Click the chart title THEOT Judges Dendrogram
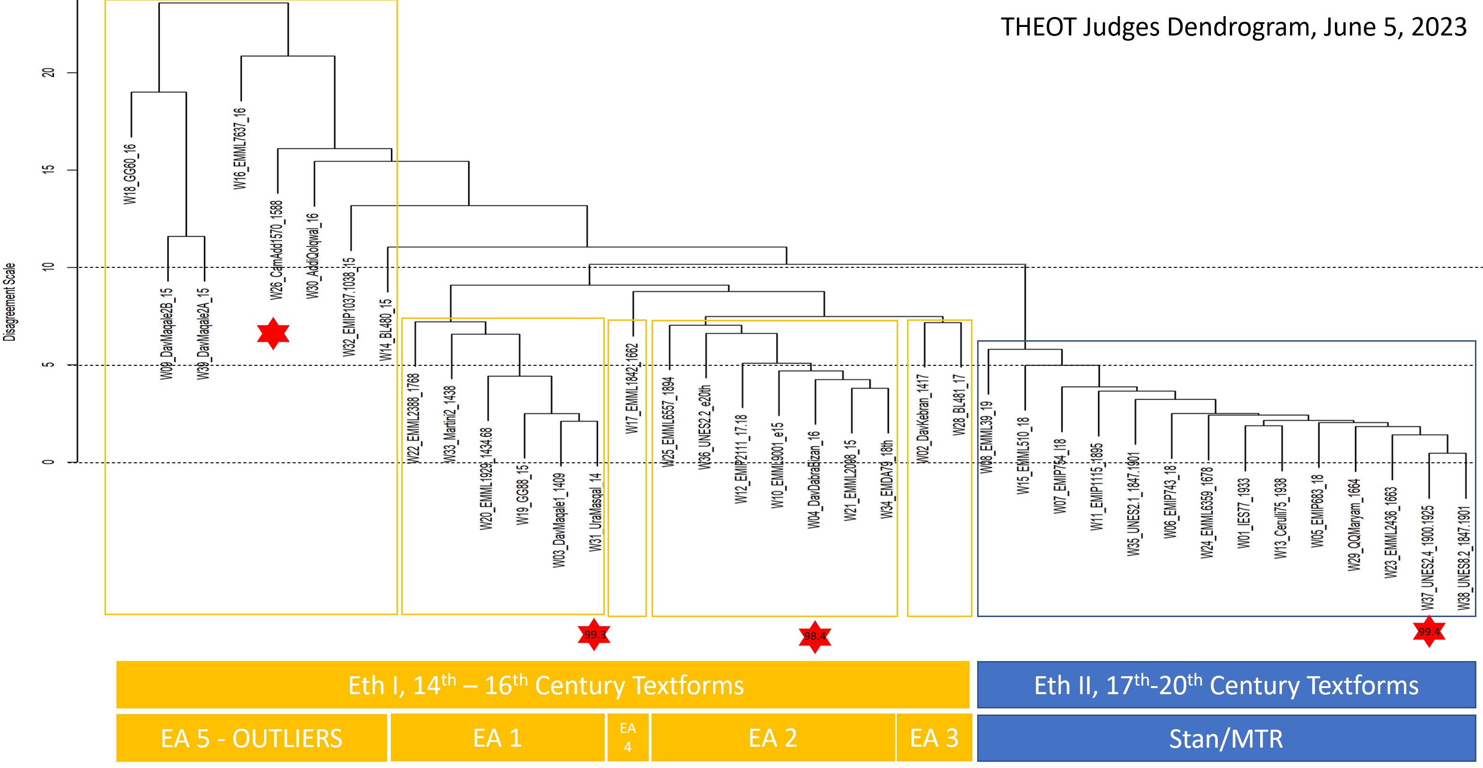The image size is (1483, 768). [x=1233, y=27]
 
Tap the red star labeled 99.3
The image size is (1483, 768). [x=594, y=635]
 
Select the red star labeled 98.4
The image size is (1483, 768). [x=815, y=636]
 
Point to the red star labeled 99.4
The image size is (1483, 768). [x=1429, y=632]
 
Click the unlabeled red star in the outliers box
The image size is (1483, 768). [x=273, y=333]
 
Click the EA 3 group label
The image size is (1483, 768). [x=934, y=738]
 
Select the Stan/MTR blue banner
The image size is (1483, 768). [x=1226, y=738]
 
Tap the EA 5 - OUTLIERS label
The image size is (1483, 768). [x=252, y=738]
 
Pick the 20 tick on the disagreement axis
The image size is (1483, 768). [x=48, y=72]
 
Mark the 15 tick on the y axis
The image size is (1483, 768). [x=48, y=170]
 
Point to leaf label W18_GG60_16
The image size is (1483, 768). [x=131, y=174]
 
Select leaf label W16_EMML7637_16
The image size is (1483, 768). [x=240, y=149]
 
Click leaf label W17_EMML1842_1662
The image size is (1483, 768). [x=632, y=388]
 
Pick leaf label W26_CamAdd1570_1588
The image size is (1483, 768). [x=277, y=250]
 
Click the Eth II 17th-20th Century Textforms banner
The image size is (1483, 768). [x=1226, y=685]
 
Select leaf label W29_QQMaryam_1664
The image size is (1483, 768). [x=1354, y=525]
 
